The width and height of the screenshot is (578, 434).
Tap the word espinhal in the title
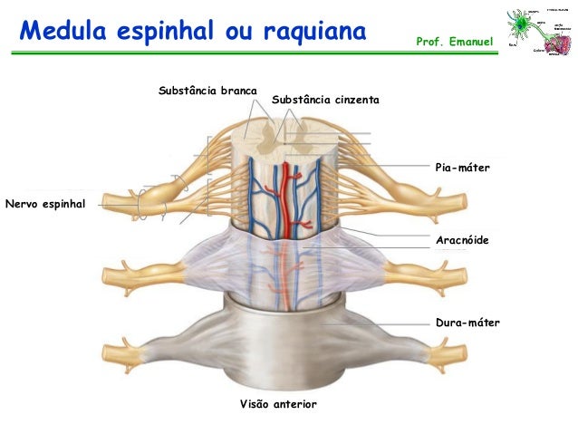[162, 32]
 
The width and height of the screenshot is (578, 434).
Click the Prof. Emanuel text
[454, 43]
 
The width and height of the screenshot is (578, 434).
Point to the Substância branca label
[207, 92]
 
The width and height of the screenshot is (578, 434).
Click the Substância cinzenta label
[324, 99]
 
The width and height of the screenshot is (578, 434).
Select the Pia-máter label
[462, 168]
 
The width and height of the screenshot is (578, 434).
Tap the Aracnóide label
[462, 240]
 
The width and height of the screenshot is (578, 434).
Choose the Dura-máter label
[467, 322]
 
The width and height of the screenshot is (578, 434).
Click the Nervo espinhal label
[44, 205]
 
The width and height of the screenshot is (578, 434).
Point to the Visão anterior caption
[278, 402]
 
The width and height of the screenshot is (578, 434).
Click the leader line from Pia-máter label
[390, 165]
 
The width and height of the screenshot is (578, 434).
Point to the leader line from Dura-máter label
[381, 323]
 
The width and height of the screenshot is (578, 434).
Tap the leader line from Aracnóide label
[390, 236]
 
